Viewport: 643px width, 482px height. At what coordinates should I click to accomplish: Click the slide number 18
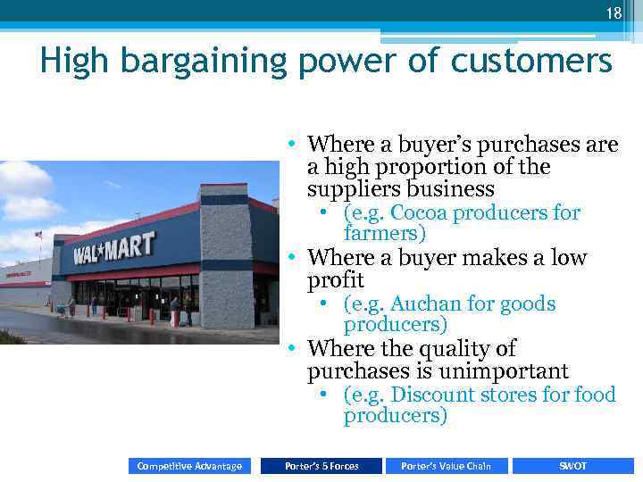click(x=613, y=12)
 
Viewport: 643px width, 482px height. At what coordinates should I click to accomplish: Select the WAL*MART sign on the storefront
click(x=113, y=246)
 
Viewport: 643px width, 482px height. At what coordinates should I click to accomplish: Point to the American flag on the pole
click(x=38, y=235)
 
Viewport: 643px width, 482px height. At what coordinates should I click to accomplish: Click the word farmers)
click(x=385, y=234)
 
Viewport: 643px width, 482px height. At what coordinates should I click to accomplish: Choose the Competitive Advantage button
click(x=189, y=466)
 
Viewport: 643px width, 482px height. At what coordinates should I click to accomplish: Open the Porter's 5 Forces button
click(x=321, y=466)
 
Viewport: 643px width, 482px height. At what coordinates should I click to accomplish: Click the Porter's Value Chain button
click(x=447, y=466)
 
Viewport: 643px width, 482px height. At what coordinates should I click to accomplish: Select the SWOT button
click(x=572, y=466)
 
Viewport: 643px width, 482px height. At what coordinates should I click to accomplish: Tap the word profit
click(x=335, y=281)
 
